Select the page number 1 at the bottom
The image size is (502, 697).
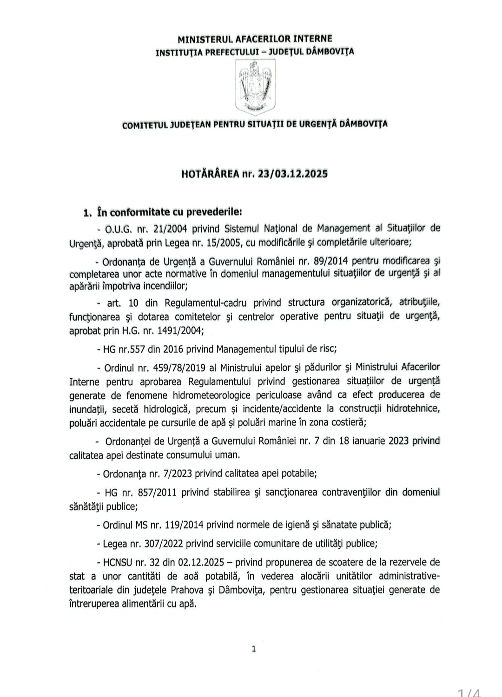point(254,649)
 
